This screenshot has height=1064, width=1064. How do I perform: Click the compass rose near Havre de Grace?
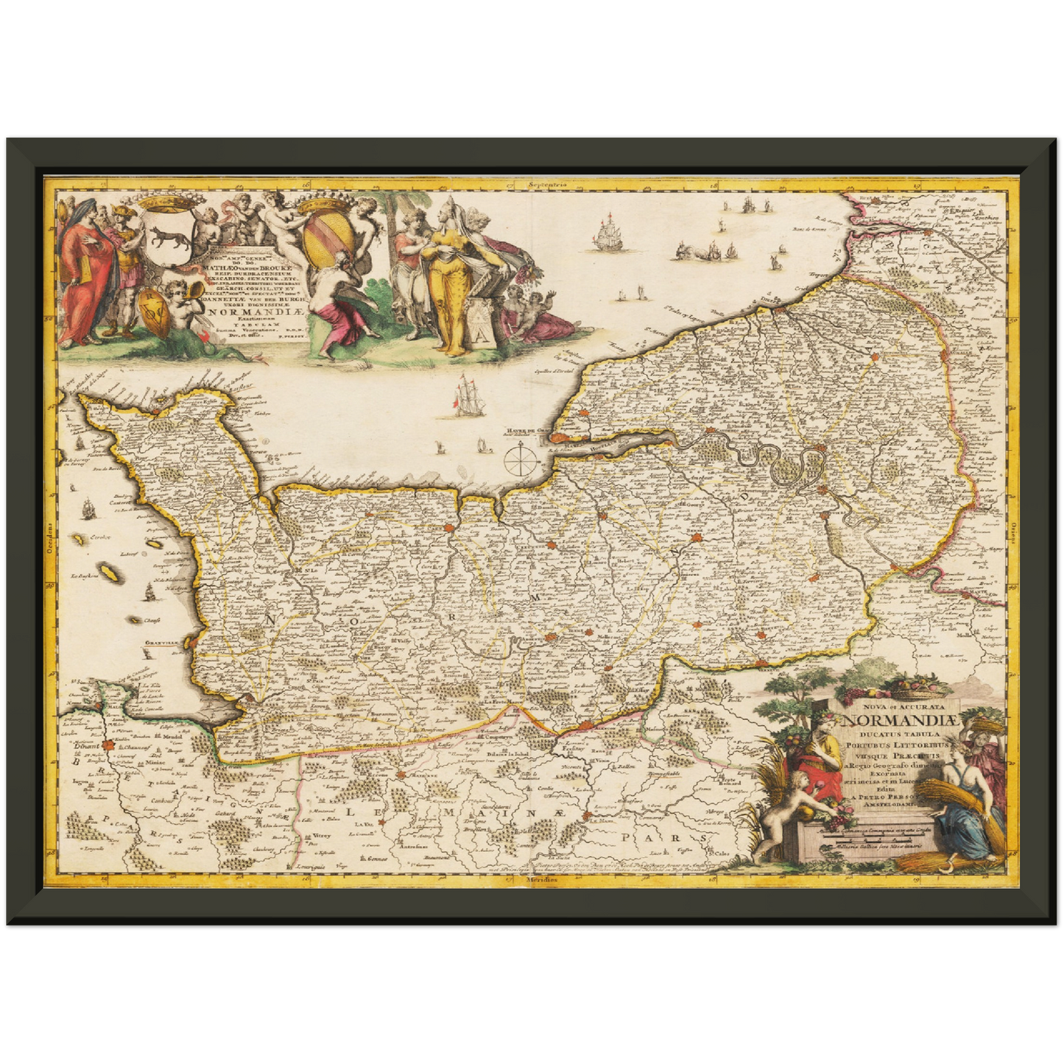[521, 460]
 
